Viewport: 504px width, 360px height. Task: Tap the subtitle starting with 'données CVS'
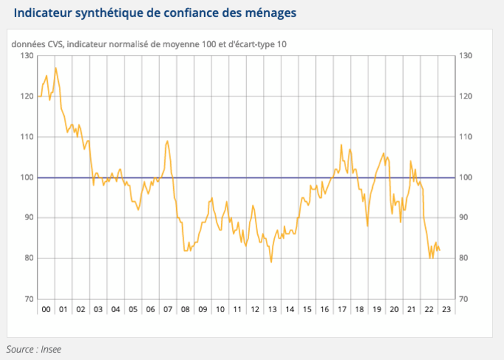pos(149,44)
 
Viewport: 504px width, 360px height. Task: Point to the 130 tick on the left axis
pos(27,56)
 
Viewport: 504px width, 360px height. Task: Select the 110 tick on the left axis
pos(27,137)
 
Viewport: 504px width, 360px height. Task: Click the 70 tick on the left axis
pos(29,299)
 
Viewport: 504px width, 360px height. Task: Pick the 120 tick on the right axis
pos(466,96)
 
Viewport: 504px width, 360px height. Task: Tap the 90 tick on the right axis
pos(464,218)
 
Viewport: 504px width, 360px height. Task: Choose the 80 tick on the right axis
pos(464,258)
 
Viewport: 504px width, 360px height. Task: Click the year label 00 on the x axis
pos(46,310)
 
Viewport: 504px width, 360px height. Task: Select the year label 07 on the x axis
pos(169,310)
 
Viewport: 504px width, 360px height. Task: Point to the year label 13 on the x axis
pos(272,310)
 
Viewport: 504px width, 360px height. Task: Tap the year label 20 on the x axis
pos(394,310)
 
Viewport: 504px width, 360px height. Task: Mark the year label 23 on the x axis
pos(447,310)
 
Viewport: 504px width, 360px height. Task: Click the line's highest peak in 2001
pos(55,68)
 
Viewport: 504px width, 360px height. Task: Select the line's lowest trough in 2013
pos(271,261)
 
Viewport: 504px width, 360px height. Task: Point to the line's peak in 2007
pos(168,141)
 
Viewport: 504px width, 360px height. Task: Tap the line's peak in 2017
pos(341,145)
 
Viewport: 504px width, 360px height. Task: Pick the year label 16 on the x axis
pos(324,310)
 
